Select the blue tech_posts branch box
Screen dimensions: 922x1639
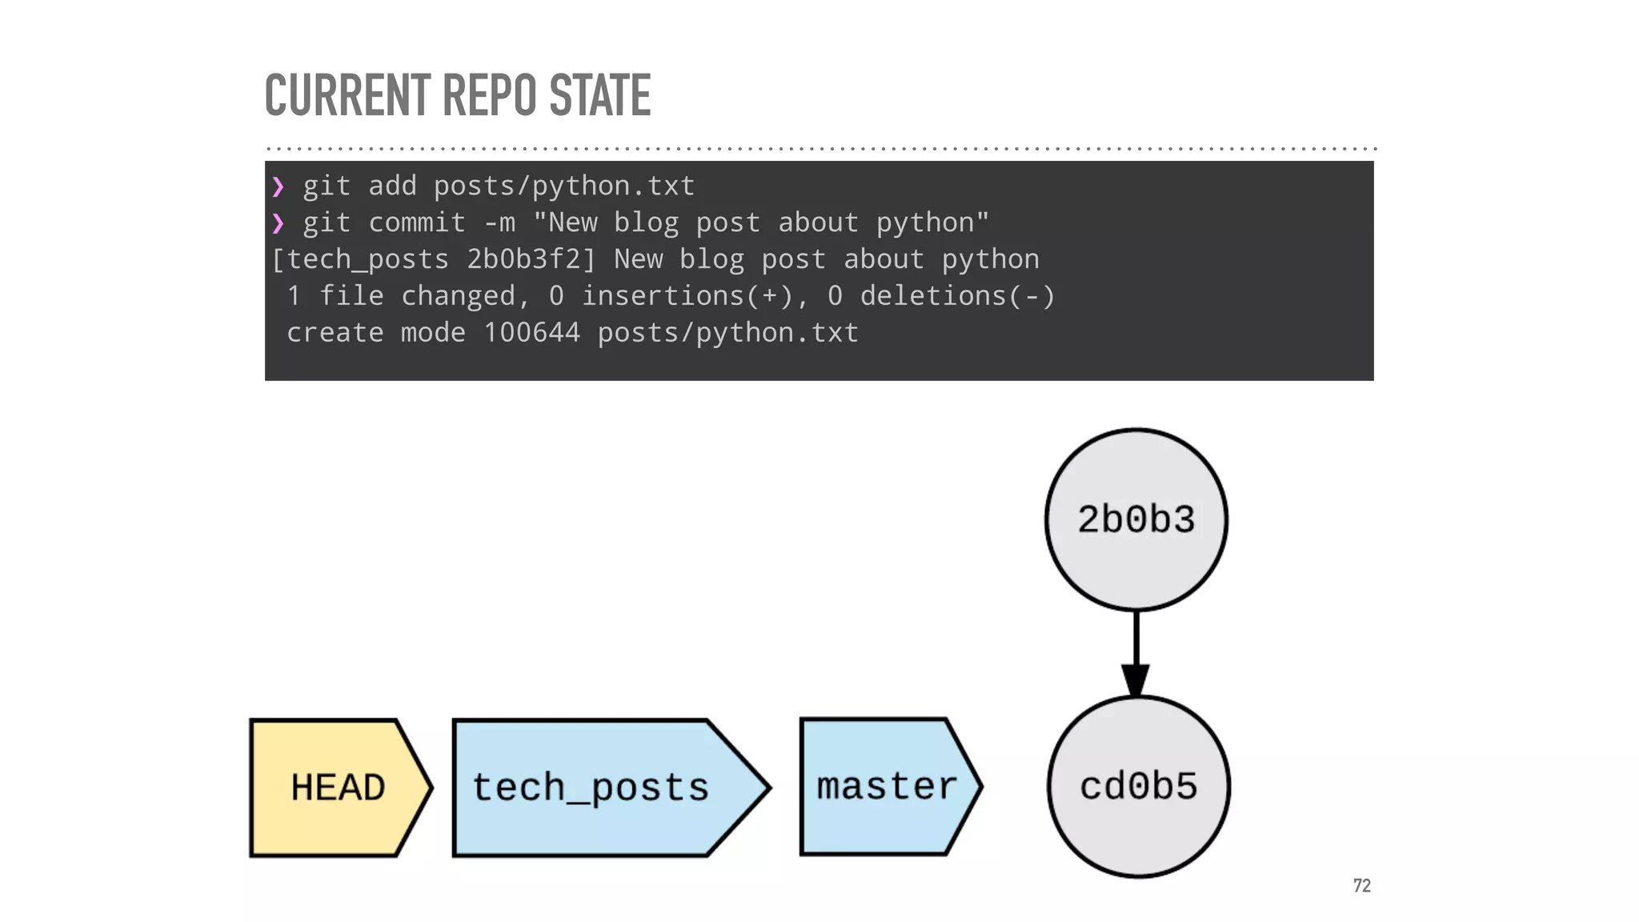(x=592, y=788)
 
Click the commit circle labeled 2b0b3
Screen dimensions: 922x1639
(x=1136, y=519)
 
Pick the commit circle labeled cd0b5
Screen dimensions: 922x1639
(x=1138, y=787)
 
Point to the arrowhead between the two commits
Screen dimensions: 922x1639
(x=1136, y=680)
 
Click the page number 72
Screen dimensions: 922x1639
(x=1361, y=885)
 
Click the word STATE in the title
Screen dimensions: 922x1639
(x=599, y=95)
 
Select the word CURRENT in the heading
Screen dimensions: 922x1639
(x=347, y=95)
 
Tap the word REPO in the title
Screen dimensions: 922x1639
(x=489, y=95)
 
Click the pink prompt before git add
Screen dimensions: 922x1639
(x=278, y=186)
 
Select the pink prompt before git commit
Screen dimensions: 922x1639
(x=278, y=223)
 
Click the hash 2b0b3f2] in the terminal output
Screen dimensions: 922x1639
(x=531, y=259)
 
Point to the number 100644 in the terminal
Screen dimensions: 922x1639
(x=531, y=332)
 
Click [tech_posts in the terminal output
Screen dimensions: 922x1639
(x=360, y=259)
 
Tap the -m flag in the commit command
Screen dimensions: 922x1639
(x=499, y=222)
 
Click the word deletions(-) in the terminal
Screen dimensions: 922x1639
(x=957, y=296)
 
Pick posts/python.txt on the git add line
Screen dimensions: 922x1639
(x=563, y=186)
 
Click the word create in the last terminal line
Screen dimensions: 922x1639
(x=335, y=332)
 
